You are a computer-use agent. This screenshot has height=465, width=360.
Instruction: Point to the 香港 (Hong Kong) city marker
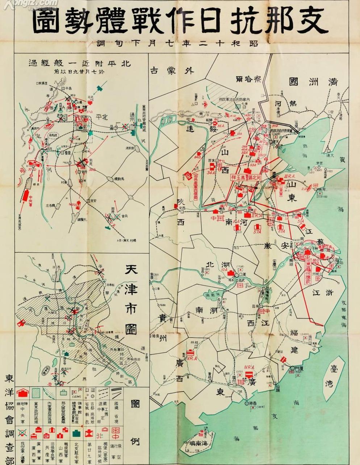pyautogui.click(x=249, y=403)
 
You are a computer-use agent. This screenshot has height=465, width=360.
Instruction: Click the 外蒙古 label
pyautogui.click(x=172, y=70)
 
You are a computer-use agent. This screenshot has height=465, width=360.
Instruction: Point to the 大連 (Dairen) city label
pyautogui.click(x=329, y=154)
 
